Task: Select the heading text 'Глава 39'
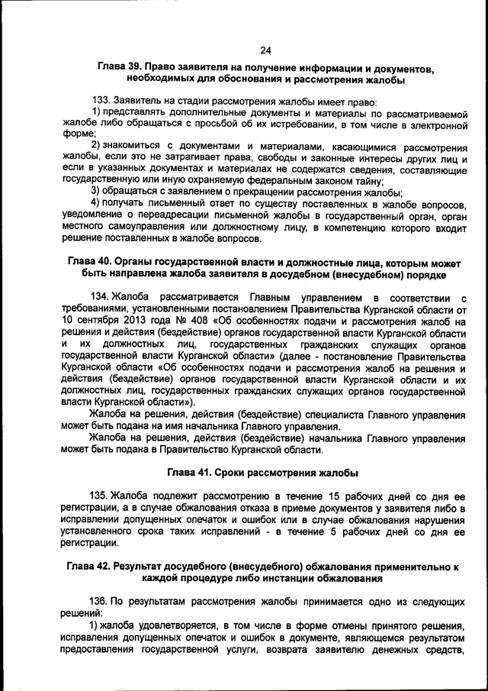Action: pyautogui.click(x=122, y=68)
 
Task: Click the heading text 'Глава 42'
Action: pyautogui.click(x=88, y=567)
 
